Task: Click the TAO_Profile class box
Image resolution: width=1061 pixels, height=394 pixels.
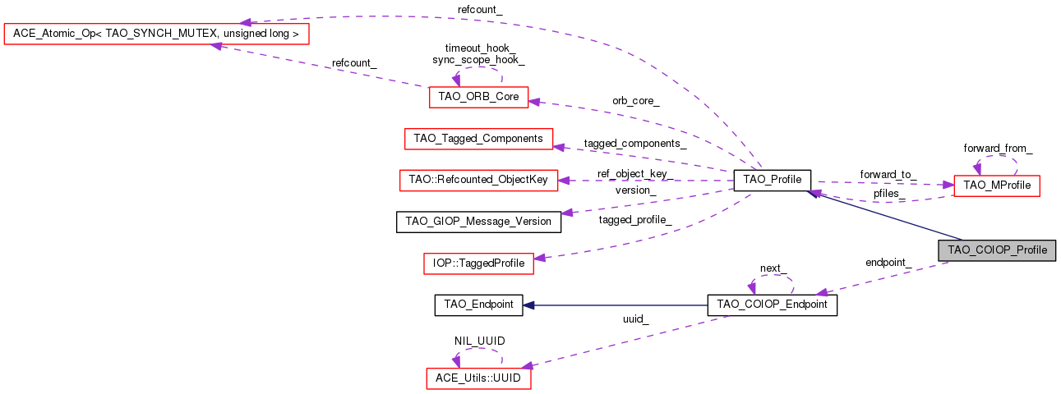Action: coord(772,180)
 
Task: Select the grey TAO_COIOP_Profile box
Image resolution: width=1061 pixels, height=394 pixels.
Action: coord(996,250)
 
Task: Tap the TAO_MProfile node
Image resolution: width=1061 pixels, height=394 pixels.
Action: coord(996,186)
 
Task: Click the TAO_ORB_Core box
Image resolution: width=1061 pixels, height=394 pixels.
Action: coord(478,96)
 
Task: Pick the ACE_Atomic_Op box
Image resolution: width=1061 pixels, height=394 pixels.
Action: coord(156,34)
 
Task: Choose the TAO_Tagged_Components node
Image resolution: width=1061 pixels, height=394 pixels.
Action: coord(478,139)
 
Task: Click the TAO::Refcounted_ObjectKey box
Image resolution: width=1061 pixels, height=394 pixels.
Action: coord(478,180)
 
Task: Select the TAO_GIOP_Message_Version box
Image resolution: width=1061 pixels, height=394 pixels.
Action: coord(478,221)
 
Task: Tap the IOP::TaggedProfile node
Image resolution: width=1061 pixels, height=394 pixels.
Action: coord(478,263)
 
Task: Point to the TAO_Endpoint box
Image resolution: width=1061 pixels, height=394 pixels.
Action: coord(478,305)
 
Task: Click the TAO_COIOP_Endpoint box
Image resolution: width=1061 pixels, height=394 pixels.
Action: coord(772,305)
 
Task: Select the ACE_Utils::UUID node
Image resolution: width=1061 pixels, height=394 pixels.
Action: coord(478,378)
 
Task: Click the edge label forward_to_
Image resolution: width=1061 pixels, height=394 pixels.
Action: coord(888,175)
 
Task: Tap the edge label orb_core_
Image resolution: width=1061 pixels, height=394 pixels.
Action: coord(635,101)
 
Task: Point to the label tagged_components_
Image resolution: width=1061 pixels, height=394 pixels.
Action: coord(635,143)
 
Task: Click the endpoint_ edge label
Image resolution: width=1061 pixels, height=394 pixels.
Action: coord(888,263)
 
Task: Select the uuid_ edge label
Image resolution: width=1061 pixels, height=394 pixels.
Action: coord(635,320)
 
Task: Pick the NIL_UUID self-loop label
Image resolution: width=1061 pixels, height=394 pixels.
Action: coord(479,341)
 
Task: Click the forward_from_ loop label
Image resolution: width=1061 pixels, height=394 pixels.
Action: coord(998,149)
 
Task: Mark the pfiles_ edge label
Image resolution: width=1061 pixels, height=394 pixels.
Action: coord(890,194)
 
